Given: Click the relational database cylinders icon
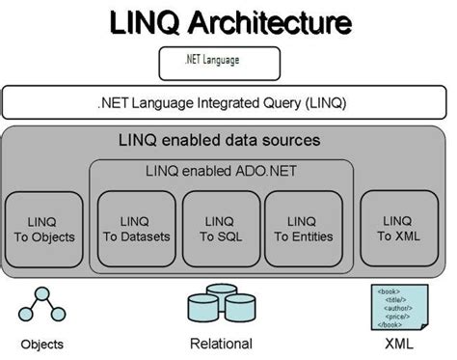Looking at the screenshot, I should pyautogui.click(x=220, y=307).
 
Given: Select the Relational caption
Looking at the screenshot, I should pyautogui.click(x=220, y=344).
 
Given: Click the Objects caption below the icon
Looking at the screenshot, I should pyautogui.click(x=44, y=344).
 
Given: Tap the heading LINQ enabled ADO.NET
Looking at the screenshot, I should pyautogui.click(x=222, y=172).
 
